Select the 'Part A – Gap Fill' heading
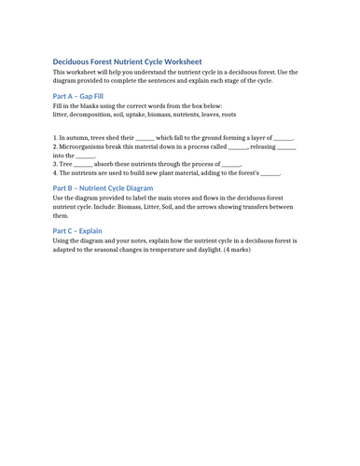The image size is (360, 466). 78,96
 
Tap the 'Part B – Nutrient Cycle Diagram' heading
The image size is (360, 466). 103,188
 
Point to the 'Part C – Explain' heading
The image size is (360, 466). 77,230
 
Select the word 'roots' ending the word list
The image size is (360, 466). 228,115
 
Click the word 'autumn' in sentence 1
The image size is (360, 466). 76,137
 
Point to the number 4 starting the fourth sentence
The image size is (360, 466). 55,173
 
